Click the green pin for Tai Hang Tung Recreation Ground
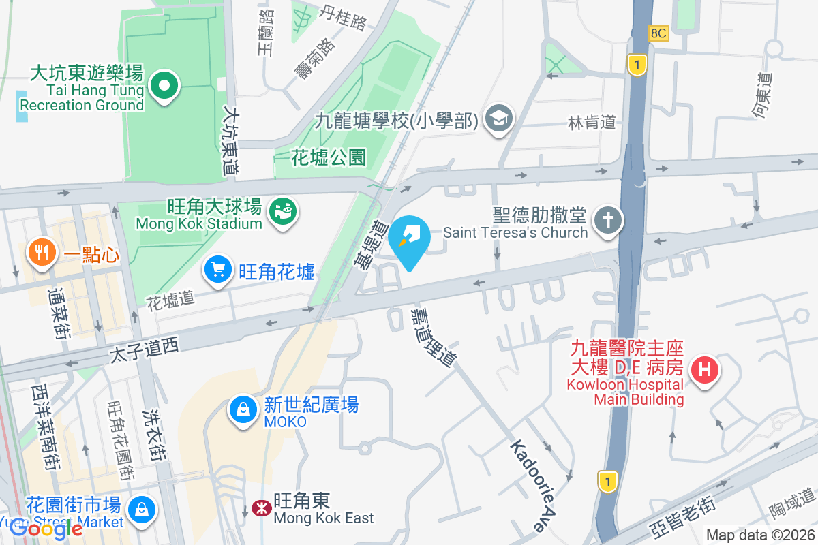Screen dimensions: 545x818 [x=164, y=87]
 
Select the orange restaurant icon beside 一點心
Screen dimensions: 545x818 [x=42, y=253]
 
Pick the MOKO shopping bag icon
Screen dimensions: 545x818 [x=243, y=410]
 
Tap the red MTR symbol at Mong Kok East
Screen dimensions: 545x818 [x=260, y=508]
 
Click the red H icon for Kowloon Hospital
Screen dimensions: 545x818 [x=704, y=371]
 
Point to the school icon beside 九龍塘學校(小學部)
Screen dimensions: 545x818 [x=499, y=119]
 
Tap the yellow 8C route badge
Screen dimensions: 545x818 [x=658, y=32]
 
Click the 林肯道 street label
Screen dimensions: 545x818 [x=592, y=122]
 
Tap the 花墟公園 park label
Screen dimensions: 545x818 [x=329, y=157]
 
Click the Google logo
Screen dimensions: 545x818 [x=46, y=529]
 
